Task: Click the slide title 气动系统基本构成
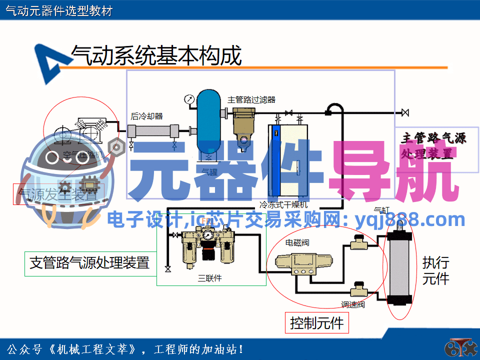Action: tap(156, 55)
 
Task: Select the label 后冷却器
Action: tap(147, 116)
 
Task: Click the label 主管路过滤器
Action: tap(251, 99)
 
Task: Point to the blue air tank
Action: tap(208, 120)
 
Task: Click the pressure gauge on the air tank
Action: tap(189, 98)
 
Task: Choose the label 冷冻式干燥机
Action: tap(283, 204)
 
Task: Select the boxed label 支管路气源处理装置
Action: tap(89, 262)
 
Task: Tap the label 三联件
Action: tap(209, 278)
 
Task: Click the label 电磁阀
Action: tap(297, 243)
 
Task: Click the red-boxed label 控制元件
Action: tap(317, 323)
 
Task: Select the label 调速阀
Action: tap(353, 304)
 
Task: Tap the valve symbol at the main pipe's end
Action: tap(405, 112)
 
